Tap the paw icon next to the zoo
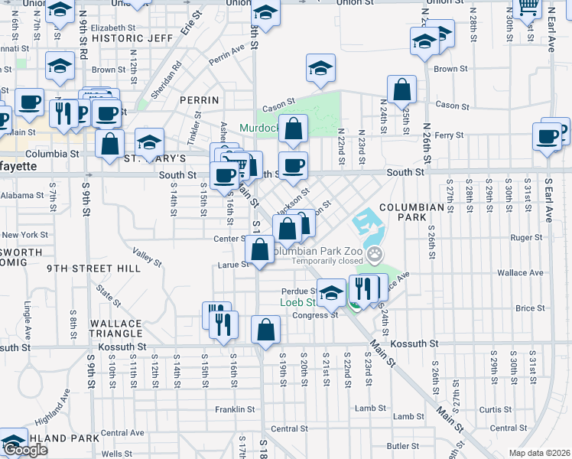point(375,253)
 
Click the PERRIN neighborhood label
point(199,100)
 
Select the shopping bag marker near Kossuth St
point(265,330)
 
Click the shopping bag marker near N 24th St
point(401,90)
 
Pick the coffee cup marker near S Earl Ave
point(548,137)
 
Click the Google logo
point(25,450)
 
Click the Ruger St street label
point(527,238)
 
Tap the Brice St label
point(529,308)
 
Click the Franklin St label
point(235,409)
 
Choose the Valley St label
point(148,258)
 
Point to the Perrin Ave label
point(226,53)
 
